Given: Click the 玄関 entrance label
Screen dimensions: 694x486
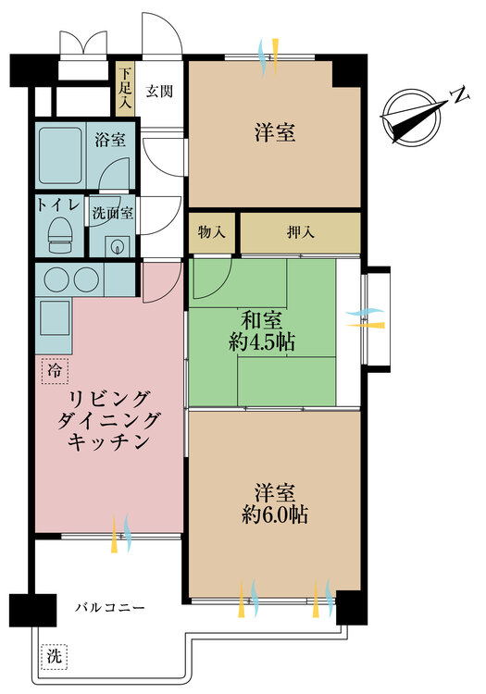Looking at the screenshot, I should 154,91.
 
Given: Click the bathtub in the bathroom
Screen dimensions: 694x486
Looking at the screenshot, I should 62,155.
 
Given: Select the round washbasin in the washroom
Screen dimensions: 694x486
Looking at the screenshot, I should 116,246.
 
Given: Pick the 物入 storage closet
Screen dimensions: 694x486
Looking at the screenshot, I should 212,232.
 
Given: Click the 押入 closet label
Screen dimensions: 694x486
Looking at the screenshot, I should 299,232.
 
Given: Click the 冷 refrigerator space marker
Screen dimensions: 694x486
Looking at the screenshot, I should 55,371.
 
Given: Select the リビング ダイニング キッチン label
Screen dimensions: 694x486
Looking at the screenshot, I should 109,420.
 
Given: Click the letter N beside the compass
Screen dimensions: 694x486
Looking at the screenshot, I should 456,95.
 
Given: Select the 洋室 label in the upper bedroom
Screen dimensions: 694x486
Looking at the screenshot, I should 275,132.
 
